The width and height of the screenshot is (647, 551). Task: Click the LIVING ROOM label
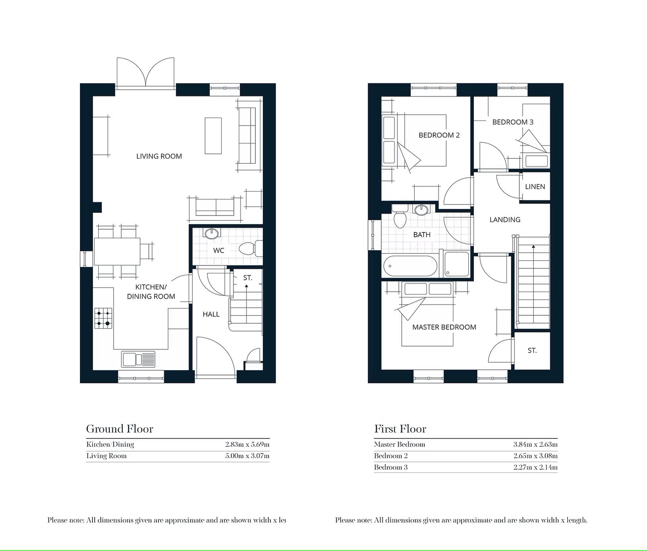[159, 156]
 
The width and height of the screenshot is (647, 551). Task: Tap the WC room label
[219, 250]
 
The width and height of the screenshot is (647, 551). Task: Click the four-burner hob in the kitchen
[103, 318]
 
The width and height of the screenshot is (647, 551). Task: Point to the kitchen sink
[138, 360]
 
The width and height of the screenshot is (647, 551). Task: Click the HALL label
[211, 314]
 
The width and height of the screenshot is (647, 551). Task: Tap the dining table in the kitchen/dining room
[117, 251]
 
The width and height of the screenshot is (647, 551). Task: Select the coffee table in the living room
[213, 136]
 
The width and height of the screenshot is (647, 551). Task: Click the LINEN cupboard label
[535, 187]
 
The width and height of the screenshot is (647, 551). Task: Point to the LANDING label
[505, 220]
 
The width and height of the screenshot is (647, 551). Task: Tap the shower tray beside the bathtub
[457, 264]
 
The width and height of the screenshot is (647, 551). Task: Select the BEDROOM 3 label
[513, 122]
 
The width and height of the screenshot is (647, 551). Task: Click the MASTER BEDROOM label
[444, 327]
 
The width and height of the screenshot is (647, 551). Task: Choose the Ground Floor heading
[120, 429]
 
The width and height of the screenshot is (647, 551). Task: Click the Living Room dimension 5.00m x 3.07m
[247, 456]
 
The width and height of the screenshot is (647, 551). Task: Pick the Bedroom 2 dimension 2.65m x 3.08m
[536, 456]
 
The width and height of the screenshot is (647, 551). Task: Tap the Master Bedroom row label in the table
[400, 445]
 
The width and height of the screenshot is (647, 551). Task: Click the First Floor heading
[400, 429]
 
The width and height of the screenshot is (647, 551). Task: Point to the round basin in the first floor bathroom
[421, 210]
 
